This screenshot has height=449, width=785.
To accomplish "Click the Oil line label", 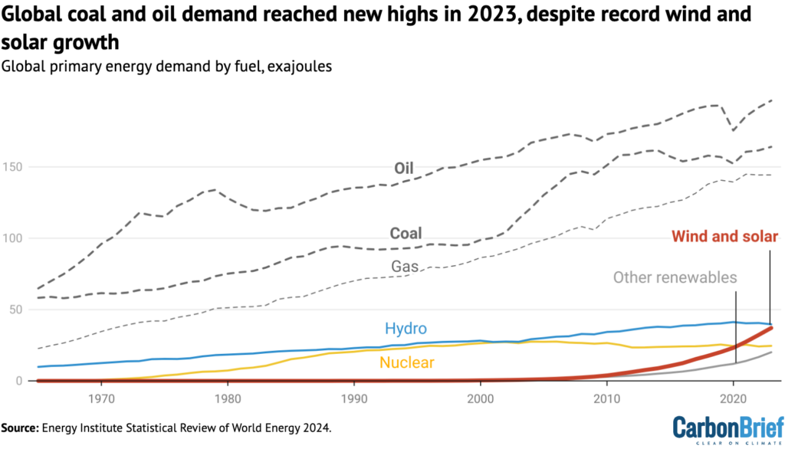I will click(426, 168).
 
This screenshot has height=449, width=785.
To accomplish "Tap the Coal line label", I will click(406, 233).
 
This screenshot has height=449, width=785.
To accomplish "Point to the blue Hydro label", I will click(406, 329).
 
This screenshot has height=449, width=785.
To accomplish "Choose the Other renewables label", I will click(675, 277).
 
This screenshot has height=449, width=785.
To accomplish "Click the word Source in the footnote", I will click(21, 425).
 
